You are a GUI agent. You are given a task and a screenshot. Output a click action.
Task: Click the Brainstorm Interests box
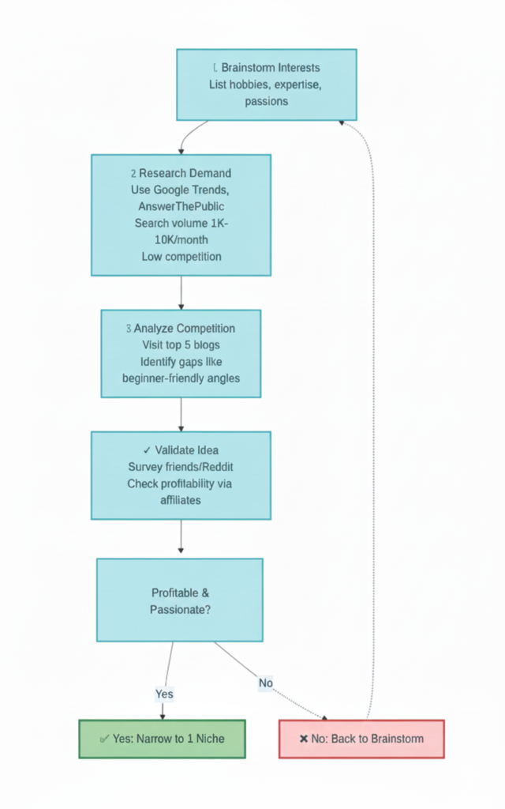266,85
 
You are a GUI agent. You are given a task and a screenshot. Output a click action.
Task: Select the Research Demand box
181,215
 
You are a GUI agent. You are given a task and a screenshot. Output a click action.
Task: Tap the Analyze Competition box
181,353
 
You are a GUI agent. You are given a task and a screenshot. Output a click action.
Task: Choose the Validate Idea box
181,475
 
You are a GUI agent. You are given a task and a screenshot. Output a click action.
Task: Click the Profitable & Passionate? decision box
180,600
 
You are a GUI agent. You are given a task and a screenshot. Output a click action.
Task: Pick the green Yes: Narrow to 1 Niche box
163,739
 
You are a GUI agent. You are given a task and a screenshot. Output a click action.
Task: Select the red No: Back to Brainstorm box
361,739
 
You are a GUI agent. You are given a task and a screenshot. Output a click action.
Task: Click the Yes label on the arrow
164,694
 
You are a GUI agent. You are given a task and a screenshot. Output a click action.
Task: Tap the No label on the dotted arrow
266,683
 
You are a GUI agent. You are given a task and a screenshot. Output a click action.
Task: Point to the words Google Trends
197,190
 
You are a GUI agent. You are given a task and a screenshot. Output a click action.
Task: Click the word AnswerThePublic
181,206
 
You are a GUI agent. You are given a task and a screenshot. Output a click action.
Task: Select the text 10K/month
181,239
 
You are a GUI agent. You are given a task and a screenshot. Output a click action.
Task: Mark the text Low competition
181,256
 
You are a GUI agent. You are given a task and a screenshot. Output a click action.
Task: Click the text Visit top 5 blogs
181,345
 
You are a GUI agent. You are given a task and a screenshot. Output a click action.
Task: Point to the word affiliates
181,499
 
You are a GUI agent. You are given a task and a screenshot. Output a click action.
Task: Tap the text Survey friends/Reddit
181,466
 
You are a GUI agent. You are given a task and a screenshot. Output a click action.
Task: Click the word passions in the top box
266,101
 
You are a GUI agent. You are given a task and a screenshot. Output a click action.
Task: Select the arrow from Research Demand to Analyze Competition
181,292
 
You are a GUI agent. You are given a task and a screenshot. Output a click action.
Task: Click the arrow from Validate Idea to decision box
181,538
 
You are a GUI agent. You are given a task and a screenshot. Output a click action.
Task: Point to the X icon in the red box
304,739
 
